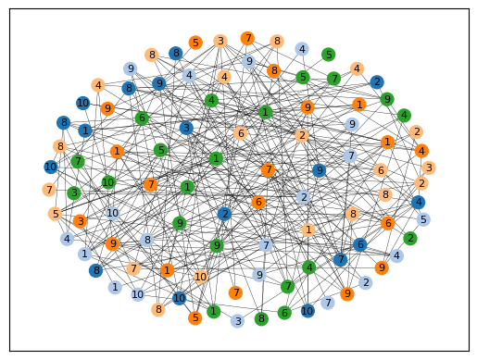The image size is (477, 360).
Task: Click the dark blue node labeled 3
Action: (x=186, y=128)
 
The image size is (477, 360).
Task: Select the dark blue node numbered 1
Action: (x=85, y=130)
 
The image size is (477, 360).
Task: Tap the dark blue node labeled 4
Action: (x=419, y=203)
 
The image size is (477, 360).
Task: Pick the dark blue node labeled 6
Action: (x=360, y=244)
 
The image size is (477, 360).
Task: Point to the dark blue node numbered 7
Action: (x=341, y=259)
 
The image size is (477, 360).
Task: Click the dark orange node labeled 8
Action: (x=274, y=70)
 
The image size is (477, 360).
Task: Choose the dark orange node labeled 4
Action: (x=421, y=151)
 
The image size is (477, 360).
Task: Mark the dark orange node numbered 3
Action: (x=81, y=221)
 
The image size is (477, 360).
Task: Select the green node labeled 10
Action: (x=108, y=182)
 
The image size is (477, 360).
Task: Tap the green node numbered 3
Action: (x=74, y=193)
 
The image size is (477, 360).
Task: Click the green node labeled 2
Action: (x=410, y=238)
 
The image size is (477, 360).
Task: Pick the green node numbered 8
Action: (x=261, y=318)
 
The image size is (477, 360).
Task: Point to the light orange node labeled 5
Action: (x=56, y=214)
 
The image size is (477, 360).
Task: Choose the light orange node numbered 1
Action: (x=308, y=230)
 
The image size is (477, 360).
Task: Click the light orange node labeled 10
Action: (x=201, y=277)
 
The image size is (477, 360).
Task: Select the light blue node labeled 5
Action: (x=423, y=219)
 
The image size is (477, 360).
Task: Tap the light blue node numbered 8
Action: (x=147, y=240)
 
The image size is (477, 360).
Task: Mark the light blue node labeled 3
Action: (x=237, y=321)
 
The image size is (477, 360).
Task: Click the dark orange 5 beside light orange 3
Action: (x=195, y=43)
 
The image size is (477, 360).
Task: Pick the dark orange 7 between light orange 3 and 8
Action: (x=247, y=39)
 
